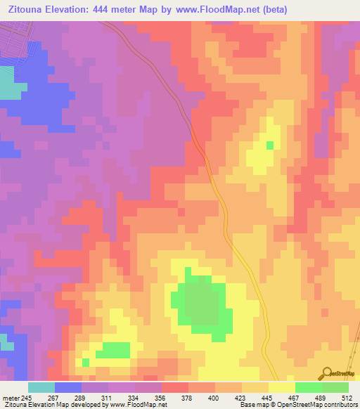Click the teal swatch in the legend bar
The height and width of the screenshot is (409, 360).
41,387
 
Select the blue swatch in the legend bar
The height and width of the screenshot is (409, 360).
68,387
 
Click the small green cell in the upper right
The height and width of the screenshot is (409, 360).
270,145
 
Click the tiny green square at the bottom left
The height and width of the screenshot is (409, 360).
86,362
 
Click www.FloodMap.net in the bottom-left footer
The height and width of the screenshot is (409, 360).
138,405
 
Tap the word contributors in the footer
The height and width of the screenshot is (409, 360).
340,405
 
